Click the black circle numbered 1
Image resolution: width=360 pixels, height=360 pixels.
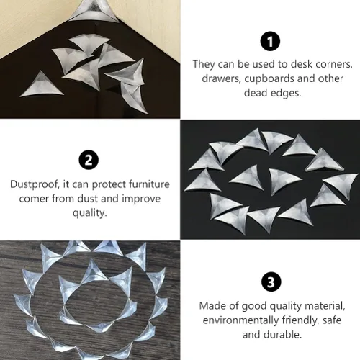[x=270, y=41]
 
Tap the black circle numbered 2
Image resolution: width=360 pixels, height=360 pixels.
[x=89, y=160]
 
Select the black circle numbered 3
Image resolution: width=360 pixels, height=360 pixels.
[x=271, y=282]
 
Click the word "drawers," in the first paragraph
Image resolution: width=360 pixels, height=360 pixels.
[x=221, y=78]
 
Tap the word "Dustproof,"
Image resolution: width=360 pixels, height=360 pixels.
[x=35, y=184]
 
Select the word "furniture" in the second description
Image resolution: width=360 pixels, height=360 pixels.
[x=149, y=184]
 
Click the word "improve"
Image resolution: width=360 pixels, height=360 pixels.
[x=141, y=199]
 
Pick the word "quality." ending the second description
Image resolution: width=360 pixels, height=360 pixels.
[x=90, y=213]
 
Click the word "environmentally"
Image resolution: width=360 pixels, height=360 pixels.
[x=240, y=320]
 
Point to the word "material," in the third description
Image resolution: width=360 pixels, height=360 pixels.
[x=325, y=306]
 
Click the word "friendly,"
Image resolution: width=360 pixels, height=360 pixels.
[x=300, y=320]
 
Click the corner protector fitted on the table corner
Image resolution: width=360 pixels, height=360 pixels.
[x=95, y=11]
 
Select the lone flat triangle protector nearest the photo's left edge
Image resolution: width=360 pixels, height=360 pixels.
[x=41, y=85]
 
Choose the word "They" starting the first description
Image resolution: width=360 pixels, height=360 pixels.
[x=204, y=64]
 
